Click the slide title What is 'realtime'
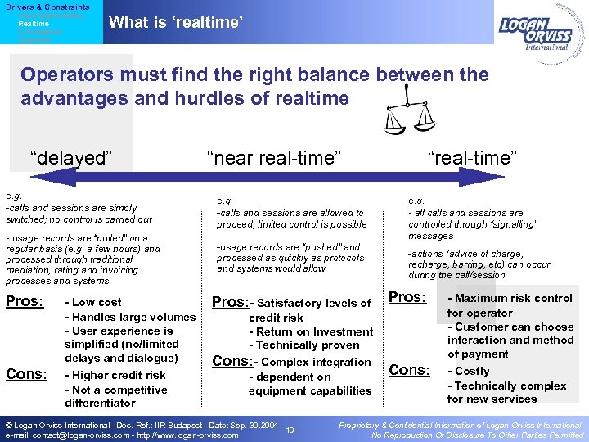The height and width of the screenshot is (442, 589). coord(176,23)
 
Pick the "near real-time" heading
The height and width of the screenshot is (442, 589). coord(273,157)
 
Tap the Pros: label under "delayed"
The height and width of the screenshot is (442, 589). coord(25,302)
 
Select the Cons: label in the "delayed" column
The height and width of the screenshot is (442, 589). coord(26,374)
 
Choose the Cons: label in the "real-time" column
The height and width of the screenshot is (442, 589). coord(408,370)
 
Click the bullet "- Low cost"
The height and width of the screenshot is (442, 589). coord(92,303)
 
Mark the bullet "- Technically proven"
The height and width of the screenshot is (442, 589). coord(304,345)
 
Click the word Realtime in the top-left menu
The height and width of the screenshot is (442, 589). coord(34,24)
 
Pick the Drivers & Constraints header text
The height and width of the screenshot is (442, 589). coord(47,7)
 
